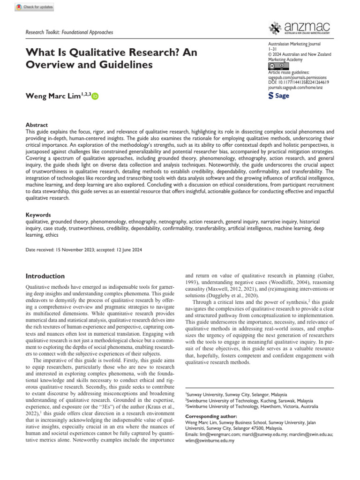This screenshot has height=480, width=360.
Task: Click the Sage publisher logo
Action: [278, 96]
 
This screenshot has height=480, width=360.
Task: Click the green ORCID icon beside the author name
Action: [96, 96]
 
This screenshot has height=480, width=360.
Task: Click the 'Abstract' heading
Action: [37, 125]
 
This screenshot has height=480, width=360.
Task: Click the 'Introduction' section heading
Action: [45, 276]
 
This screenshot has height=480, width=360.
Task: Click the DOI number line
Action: [298, 82]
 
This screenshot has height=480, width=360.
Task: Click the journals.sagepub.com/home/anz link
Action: [295, 87]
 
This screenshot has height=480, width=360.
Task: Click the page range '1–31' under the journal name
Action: [272, 49]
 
